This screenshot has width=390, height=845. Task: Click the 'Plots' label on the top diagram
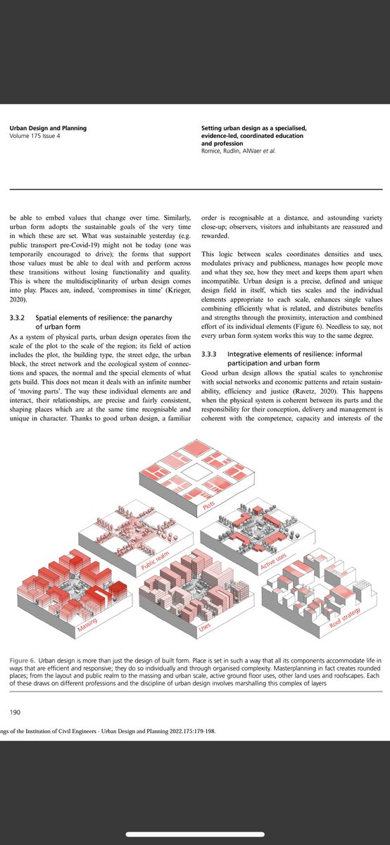point(208,505)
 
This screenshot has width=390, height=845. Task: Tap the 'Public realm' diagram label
point(155,561)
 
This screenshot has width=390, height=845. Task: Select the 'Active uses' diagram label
point(273,561)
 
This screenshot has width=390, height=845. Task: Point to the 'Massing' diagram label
point(87,625)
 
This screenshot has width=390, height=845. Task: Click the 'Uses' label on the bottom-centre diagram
point(204,627)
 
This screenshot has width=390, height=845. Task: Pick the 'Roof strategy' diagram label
point(345,618)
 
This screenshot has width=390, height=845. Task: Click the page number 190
point(15,712)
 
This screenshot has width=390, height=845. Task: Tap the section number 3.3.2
point(17,318)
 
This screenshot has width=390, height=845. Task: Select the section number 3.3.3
point(208,353)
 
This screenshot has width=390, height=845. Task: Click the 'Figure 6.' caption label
point(23,661)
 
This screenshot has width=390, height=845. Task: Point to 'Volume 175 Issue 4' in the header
point(34,136)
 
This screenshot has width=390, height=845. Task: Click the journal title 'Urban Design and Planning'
point(48,128)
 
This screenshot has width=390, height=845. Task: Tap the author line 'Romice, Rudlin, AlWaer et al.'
point(239,151)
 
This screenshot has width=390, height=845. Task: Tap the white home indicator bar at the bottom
point(195,834)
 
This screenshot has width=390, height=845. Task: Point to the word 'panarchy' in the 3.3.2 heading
point(156,318)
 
